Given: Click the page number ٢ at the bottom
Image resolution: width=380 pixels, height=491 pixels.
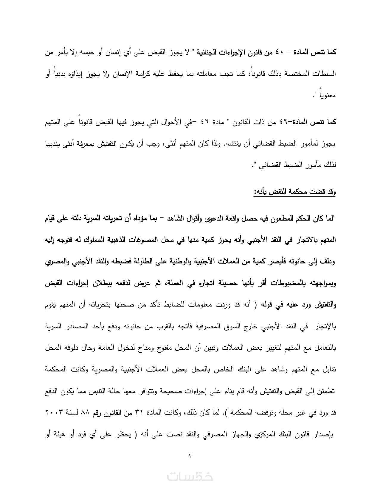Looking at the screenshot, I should tap(190, 456).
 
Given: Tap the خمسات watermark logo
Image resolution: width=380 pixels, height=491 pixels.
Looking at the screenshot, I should tap(190, 476).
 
